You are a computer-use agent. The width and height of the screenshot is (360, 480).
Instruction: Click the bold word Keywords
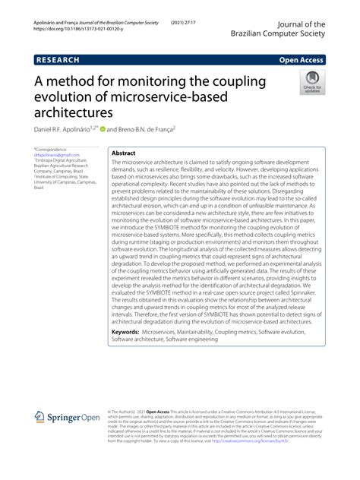[130, 332]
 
